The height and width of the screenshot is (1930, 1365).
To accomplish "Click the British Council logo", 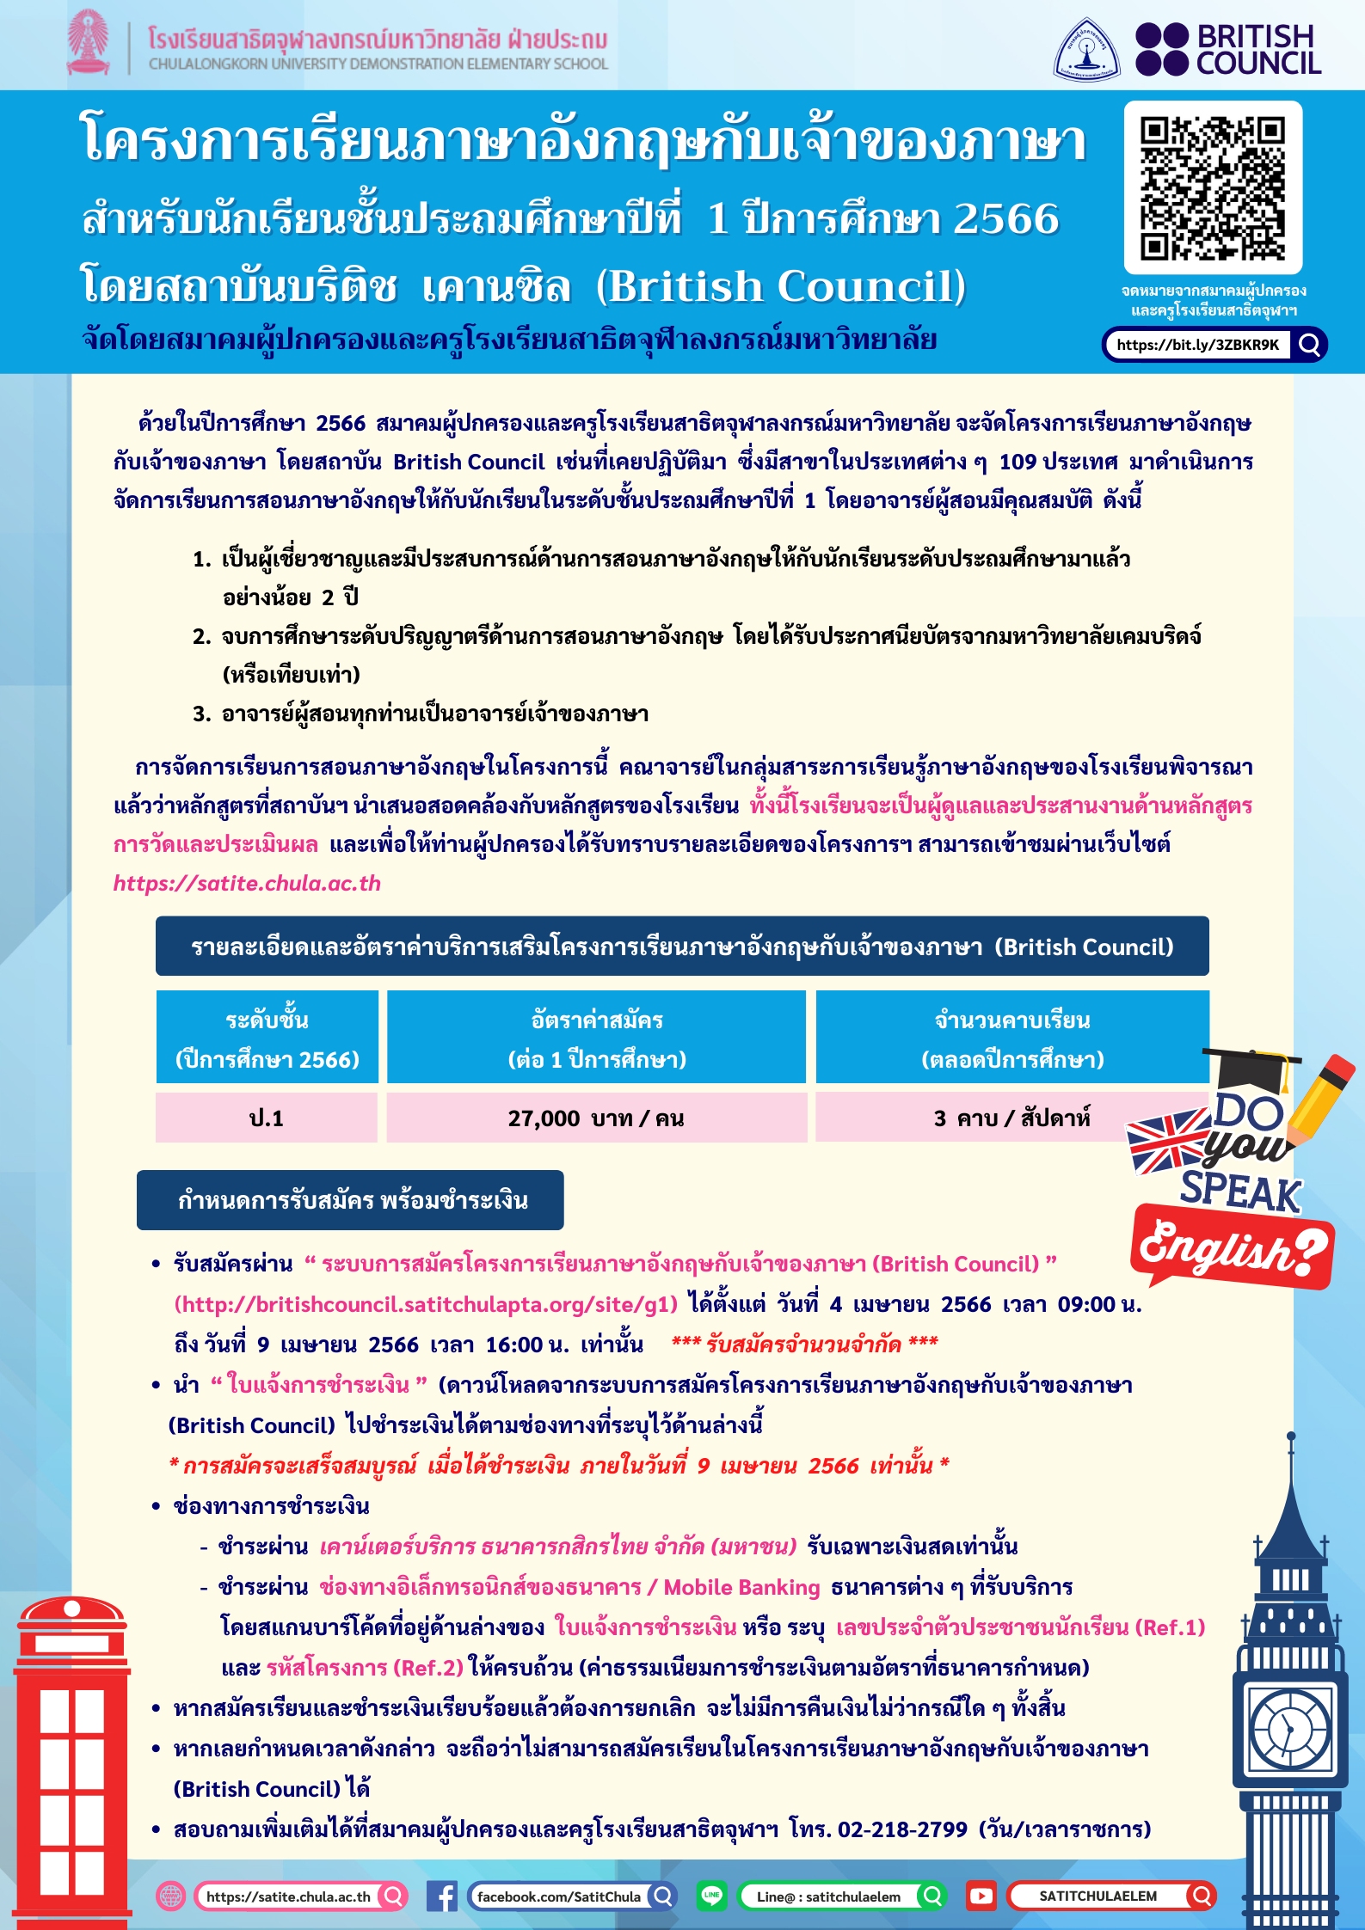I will click(1228, 50).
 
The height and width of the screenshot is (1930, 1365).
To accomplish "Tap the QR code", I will click(1213, 188).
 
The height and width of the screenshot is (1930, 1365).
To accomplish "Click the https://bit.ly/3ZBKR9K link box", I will click(1197, 345).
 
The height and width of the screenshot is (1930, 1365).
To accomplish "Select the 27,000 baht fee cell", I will click(596, 1118).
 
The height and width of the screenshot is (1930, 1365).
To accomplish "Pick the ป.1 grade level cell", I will click(267, 1118).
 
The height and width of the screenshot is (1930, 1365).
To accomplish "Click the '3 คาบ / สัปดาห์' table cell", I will click(1011, 1118).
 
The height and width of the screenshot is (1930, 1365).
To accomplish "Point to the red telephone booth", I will click(72, 1762).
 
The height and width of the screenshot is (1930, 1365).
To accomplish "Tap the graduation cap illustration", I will click(1252, 1069).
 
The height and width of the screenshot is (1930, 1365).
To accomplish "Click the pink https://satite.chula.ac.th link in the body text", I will click(247, 883).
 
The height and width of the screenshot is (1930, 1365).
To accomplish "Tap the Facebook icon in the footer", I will click(442, 1896).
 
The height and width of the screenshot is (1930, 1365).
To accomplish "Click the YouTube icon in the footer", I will click(981, 1896).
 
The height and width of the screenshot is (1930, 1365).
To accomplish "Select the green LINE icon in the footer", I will click(711, 1896).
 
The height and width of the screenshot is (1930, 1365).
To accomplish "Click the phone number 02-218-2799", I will click(902, 1829).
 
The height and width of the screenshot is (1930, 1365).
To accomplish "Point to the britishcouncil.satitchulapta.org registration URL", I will click(426, 1304).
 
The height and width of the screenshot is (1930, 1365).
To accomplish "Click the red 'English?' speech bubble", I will click(1232, 1247).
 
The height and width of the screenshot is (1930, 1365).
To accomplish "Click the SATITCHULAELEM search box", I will click(1110, 1896).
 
